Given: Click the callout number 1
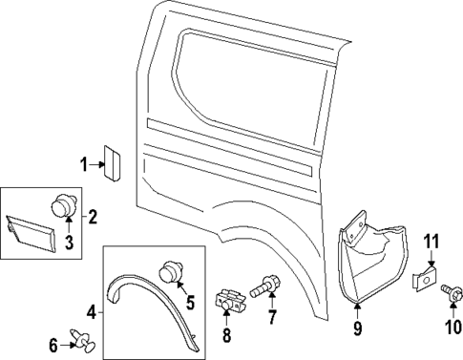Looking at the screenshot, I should click(x=84, y=165).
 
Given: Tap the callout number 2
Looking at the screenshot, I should click(x=93, y=217).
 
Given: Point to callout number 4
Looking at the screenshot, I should click(x=91, y=310).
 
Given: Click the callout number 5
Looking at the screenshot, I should click(x=189, y=304).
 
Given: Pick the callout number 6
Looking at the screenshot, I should click(x=54, y=343).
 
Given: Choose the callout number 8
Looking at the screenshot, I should click(x=226, y=334).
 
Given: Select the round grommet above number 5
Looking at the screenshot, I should click(x=172, y=273).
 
